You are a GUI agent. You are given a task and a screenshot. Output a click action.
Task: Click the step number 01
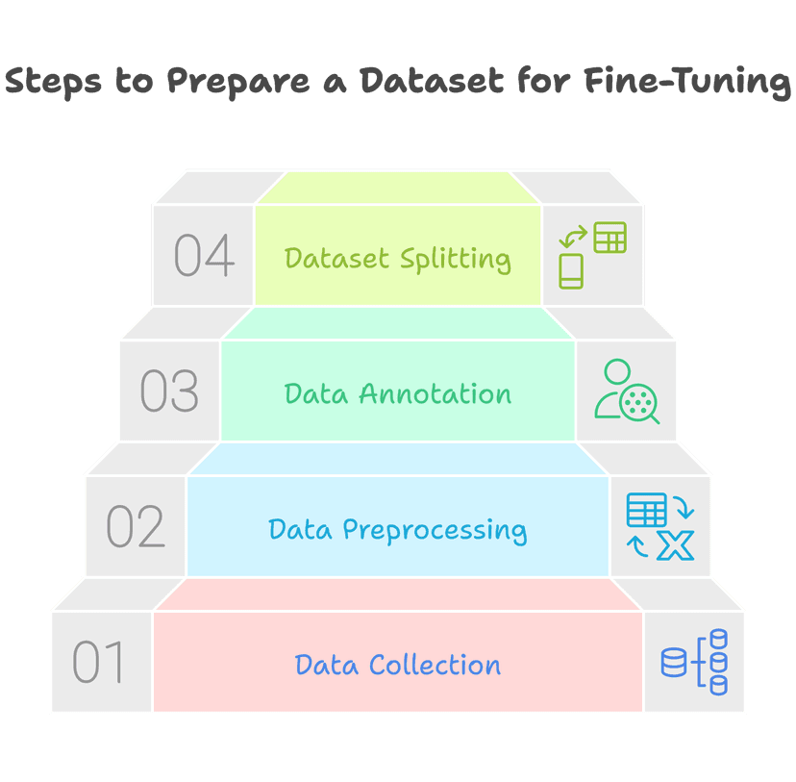99,663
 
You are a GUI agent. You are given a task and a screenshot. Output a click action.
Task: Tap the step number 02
135,527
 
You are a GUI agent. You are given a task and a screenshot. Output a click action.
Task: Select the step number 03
169,391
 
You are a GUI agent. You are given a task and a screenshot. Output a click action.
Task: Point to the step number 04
204,256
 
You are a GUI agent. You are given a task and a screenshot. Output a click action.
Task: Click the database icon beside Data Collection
694,662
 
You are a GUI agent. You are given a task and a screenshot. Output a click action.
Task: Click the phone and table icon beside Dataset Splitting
592,255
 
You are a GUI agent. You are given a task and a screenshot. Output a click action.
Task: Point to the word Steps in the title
54,83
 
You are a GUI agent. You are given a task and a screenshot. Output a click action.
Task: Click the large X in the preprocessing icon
677,546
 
